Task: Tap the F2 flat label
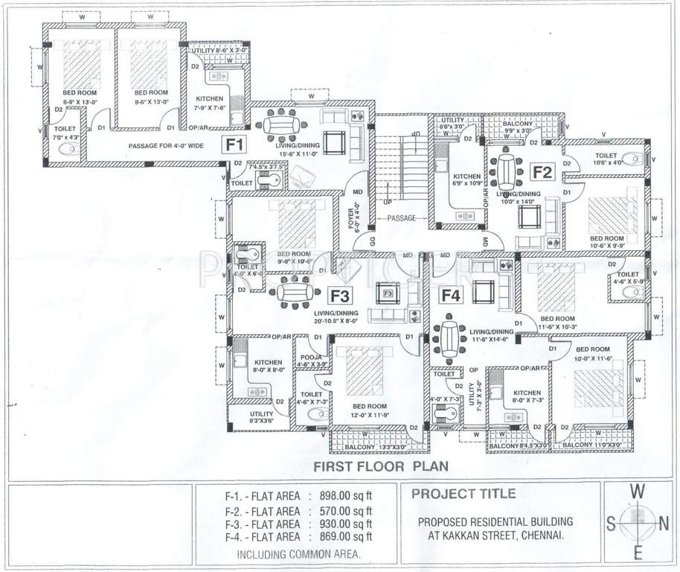542,173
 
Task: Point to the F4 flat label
451,296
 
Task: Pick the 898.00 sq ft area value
348,496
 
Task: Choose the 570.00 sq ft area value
348,510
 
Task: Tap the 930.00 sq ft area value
348,524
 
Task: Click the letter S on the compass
611,524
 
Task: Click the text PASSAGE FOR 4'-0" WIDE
165,147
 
